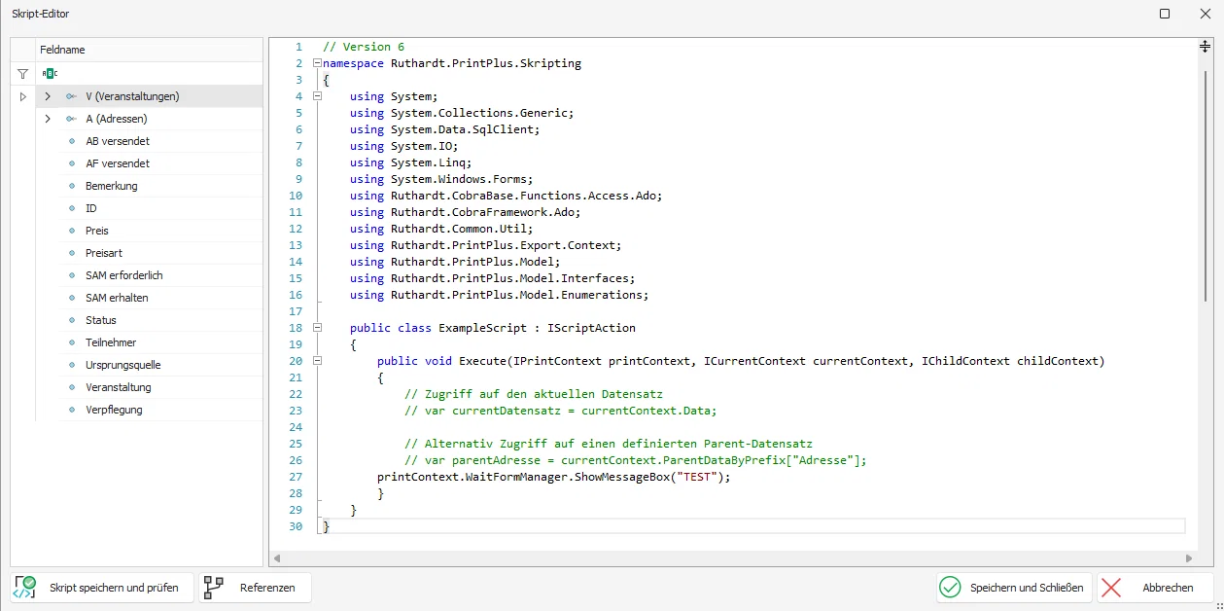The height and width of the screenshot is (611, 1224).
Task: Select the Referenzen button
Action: click(255, 588)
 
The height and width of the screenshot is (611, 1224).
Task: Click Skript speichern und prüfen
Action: click(102, 588)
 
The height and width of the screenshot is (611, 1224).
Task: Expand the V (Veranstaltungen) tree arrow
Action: click(48, 96)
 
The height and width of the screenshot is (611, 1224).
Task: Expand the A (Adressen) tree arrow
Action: click(48, 119)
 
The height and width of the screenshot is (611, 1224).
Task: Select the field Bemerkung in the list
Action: click(112, 186)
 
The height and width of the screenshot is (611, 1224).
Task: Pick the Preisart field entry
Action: click(104, 253)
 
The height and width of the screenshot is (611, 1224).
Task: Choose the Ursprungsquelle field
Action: click(122, 365)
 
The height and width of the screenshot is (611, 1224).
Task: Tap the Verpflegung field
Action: click(114, 410)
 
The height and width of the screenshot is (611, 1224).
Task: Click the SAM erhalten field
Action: click(117, 298)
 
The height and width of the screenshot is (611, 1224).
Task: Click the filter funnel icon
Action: click(22, 73)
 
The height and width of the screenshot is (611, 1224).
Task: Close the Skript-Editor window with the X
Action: click(1205, 14)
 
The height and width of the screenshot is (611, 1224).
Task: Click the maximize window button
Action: click(1165, 14)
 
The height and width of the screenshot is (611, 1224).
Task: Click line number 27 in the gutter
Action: click(296, 477)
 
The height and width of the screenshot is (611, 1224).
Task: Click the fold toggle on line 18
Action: click(317, 328)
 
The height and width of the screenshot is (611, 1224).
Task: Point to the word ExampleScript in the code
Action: click(482, 328)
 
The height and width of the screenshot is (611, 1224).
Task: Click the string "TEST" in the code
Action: click(697, 477)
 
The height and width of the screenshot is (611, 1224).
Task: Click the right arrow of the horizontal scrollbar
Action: click(1188, 558)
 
